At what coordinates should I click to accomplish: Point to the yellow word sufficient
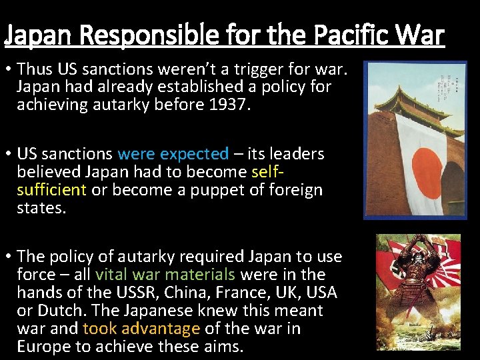52,190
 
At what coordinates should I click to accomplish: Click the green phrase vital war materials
165,275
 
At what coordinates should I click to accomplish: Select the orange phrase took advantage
141,329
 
